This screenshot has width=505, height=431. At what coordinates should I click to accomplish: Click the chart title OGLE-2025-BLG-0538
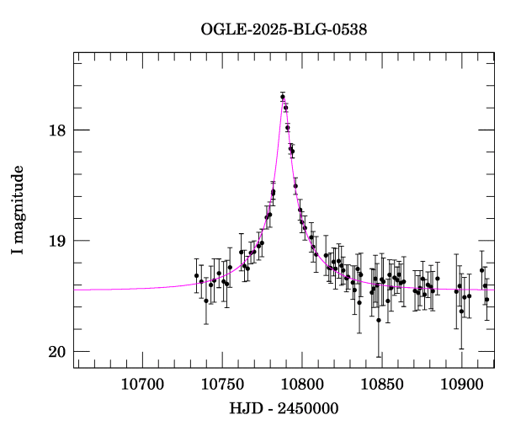pos(284,29)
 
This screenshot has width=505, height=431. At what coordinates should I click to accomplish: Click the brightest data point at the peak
pos(283,97)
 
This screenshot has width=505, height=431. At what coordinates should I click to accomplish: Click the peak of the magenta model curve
pos(284,99)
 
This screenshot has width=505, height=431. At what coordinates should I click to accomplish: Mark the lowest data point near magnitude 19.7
pos(379,320)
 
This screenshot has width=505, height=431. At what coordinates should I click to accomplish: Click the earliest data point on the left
pos(196,275)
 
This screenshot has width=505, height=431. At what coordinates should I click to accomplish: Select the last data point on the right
pos(486,300)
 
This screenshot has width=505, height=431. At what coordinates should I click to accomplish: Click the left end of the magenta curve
pos(75,290)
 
